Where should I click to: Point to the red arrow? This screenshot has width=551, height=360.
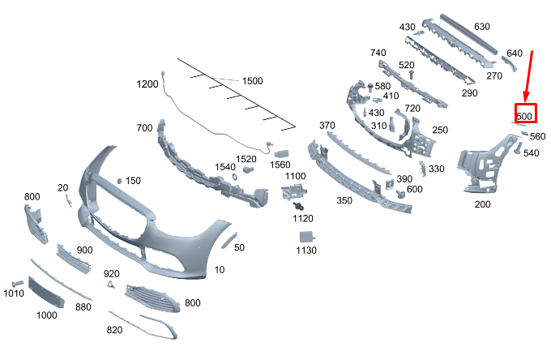[528, 77]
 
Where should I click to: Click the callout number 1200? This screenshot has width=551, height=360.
[147, 84]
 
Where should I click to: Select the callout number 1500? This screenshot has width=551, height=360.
[252, 81]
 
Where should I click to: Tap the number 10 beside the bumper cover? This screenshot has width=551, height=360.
[220, 270]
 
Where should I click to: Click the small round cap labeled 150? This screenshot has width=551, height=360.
[119, 181]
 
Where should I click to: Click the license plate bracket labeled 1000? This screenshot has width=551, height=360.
[46, 292]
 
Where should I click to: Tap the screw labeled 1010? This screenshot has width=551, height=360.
[17, 283]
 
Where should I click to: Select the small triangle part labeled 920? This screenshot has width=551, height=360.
[111, 284]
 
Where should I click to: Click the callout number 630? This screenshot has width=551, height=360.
[482, 27]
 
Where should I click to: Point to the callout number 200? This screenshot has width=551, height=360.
[482, 204]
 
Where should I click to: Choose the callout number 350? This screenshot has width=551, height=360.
[344, 200]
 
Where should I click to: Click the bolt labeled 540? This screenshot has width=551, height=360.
[519, 148]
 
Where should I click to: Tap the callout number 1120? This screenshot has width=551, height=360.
[303, 219]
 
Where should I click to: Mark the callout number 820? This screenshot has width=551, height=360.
[114, 330]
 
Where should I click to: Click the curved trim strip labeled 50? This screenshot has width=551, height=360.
[229, 241]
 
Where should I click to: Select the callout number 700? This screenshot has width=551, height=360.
[144, 127]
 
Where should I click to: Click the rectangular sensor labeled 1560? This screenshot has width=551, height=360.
[282, 153]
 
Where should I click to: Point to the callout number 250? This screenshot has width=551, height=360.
[440, 130]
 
